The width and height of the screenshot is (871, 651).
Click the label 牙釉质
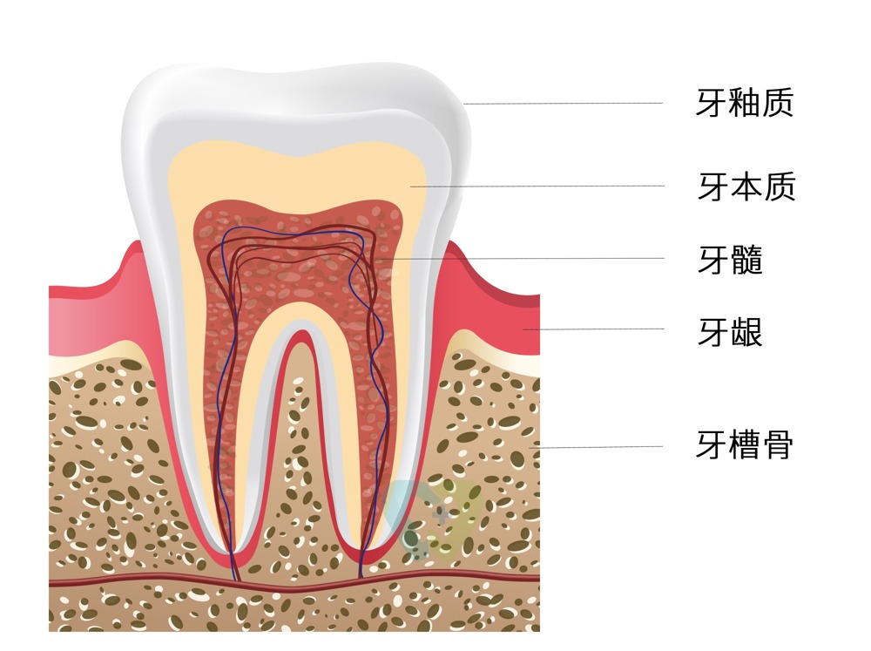pos(745,104)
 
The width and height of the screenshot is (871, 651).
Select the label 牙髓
pos(730,259)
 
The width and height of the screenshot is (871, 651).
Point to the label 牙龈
pos(730,331)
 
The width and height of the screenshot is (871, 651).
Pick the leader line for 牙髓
pos(523,258)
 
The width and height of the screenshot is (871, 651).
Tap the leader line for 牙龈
pos(592,329)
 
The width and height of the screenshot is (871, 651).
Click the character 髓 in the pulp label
pos(746,259)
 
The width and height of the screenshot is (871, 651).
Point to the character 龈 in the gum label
pos(746,331)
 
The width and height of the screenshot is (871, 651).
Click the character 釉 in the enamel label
pos(745,104)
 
